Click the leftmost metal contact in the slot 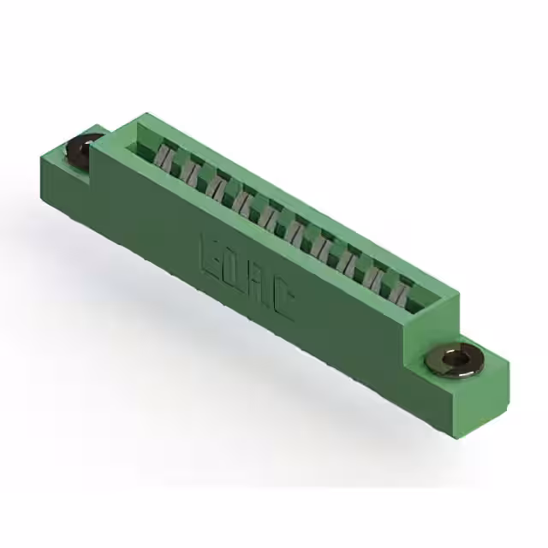point(164,157)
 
